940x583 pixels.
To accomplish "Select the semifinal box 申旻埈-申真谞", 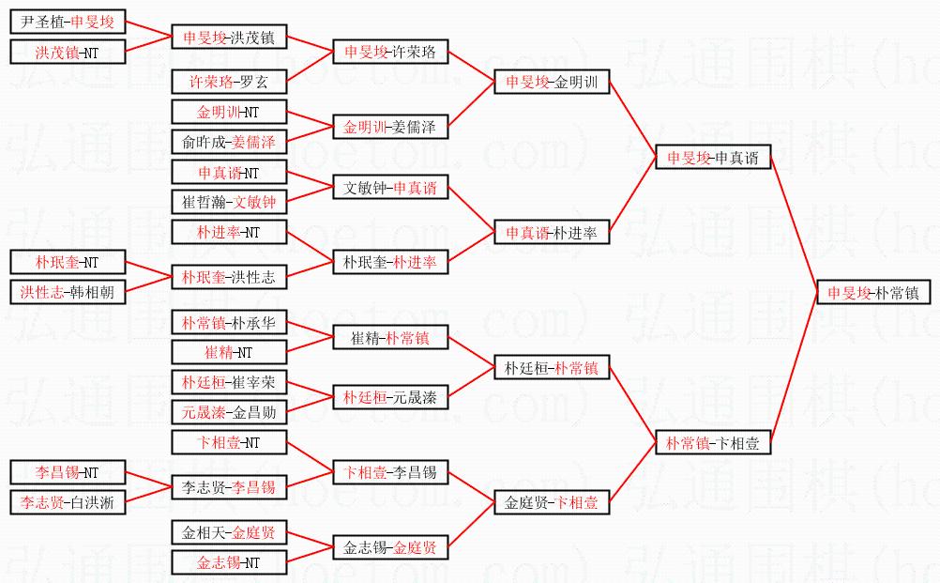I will (713, 159).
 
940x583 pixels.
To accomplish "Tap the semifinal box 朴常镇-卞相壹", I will (713, 443).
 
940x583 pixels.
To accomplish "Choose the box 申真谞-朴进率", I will (553, 232).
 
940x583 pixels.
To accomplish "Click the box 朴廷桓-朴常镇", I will (553, 369).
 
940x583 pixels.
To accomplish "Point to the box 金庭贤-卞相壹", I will (553, 503).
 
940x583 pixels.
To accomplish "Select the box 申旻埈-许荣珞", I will (390, 53).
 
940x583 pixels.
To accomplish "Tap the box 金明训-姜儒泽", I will (390, 127).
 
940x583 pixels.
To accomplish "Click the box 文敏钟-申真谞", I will (390, 188).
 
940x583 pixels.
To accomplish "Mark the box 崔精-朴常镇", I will (390, 338).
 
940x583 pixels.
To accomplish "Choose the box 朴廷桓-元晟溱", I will (390, 398).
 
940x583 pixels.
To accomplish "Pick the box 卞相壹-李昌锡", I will (390, 472).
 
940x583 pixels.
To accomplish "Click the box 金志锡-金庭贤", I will (390, 547).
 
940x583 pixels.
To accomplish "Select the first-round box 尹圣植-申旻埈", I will (67, 22).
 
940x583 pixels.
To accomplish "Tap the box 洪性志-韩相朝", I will (67, 292).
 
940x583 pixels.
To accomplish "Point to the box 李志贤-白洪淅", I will (67, 502).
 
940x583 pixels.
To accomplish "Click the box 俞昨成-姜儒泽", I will (229, 142).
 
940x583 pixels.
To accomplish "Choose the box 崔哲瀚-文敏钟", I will (229, 201).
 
